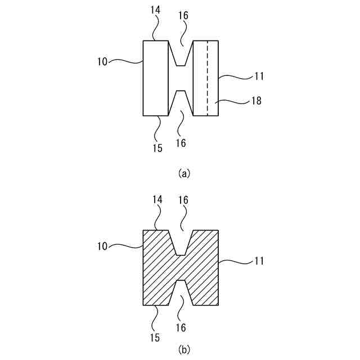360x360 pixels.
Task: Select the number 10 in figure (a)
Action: coord(102,60)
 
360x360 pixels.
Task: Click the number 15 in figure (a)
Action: coord(157,148)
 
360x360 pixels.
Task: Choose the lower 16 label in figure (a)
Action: coord(181,143)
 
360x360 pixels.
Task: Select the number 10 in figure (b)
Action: coord(102,245)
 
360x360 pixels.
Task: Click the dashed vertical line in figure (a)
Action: coord(207,79)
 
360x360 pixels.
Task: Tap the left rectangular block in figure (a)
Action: coord(156,78)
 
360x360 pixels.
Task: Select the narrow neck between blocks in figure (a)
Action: coord(181,78)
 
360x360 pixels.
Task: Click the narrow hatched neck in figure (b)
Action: coord(181,267)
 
